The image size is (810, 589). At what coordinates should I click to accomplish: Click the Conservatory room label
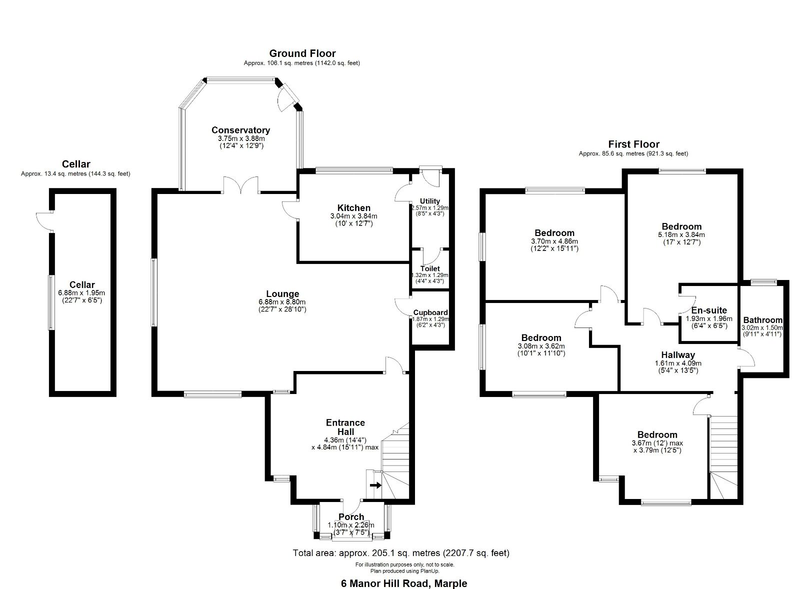[240, 130]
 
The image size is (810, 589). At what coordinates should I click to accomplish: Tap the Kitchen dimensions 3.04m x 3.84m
[353, 216]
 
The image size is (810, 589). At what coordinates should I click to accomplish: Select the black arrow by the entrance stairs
[375, 485]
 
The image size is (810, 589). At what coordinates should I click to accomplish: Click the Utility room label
[429, 201]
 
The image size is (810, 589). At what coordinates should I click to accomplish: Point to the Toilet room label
[429, 268]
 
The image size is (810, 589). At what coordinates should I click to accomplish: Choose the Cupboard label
[430, 312]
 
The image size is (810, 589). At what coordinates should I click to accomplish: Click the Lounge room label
[282, 294]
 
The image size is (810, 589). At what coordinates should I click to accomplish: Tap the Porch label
[351, 516]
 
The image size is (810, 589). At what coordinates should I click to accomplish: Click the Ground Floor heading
[302, 53]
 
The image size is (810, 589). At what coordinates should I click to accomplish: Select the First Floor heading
[633, 144]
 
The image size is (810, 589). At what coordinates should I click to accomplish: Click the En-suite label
[709, 310]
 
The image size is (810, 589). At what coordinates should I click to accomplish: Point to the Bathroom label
[762, 320]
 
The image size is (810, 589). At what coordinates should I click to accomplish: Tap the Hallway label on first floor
[678, 355]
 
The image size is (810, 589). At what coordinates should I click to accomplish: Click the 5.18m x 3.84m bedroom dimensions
[681, 234]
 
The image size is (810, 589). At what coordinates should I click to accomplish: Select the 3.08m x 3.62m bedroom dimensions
[541, 346]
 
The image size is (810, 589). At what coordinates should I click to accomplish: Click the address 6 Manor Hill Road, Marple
[403, 583]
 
